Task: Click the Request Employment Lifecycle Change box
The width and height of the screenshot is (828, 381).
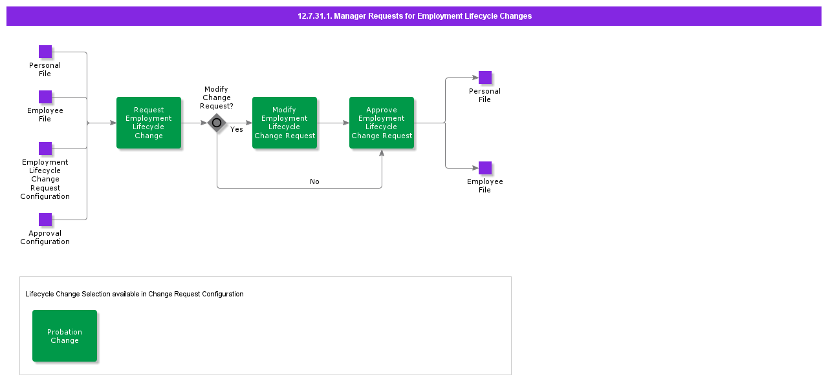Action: point(149,123)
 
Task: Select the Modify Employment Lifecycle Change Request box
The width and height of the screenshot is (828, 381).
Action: point(285,123)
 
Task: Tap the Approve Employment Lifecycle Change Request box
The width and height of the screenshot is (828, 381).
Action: point(382,123)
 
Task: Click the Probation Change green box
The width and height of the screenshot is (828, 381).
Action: point(65,336)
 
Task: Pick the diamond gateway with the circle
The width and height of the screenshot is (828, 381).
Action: point(217,123)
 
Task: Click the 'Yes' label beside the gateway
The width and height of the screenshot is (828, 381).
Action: point(237,130)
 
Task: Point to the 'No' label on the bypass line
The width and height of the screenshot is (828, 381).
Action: point(314,181)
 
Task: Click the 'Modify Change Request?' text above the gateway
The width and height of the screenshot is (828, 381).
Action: point(217,98)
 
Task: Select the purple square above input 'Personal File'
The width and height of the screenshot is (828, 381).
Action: point(45,52)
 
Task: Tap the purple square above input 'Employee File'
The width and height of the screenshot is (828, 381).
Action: point(45,97)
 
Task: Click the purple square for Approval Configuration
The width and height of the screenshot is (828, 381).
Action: point(45,220)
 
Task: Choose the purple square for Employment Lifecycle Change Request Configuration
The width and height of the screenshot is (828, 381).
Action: point(45,149)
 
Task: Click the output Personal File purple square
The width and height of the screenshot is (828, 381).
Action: point(485,77)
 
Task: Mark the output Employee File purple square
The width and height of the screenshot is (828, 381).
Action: point(485,168)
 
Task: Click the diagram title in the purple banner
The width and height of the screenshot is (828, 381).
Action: point(415,16)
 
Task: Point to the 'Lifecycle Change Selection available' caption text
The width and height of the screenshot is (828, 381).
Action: point(135,294)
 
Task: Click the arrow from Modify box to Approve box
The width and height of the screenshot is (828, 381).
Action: point(333,123)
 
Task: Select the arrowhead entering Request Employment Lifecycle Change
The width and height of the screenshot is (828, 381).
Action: point(113,123)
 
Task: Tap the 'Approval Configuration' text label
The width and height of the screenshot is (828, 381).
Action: point(45,238)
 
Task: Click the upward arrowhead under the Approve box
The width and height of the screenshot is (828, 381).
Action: point(382,153)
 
